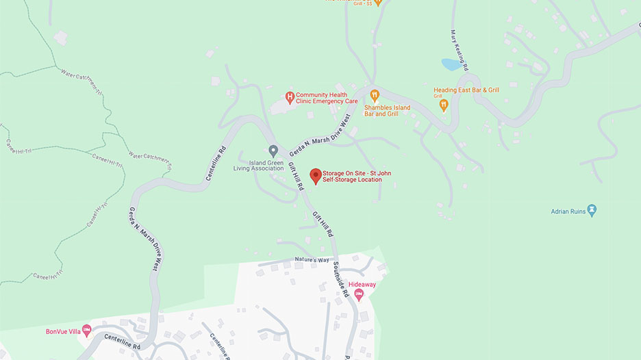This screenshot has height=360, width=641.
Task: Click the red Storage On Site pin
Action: pos(315,175)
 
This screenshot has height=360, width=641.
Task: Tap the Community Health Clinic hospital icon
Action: pos(290,97)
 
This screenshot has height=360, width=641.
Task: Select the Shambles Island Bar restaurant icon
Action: pos(374,95)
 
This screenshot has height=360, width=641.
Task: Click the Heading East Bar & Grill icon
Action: pos(443,105)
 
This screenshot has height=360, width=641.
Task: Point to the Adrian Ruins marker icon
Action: pos(592,209)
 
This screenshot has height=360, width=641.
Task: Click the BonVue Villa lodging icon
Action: pos(86,331)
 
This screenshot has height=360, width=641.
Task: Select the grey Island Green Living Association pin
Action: pos(273,150)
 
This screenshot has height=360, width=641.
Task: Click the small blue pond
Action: pos(451,64)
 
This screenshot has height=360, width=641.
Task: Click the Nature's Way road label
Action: pos(312,260)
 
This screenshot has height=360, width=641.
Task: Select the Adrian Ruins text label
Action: pos(568,211)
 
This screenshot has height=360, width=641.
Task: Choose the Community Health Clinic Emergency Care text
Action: pos(327,98)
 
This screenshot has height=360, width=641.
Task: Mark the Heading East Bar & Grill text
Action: pos(466,90)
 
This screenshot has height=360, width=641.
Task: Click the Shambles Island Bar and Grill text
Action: pos(387,111)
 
